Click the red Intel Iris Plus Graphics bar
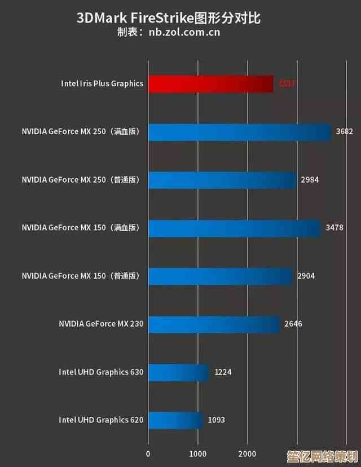pos(211,84)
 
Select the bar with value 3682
pos(240,132)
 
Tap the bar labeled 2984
pos(222,180)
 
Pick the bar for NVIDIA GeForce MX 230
pos(214,324)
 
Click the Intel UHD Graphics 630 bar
pos(179,372)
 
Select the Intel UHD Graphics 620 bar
pos(175,420)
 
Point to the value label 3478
pos(334,228)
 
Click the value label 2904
pos(306,276)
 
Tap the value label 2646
pos(293,324)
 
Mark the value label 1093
pos(217,420)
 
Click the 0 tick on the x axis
pos(148,453)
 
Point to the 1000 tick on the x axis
pos(197,453)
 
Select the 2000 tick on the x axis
pos(247,453)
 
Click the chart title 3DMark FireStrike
pos(169,18)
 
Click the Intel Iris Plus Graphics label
pos(102,84)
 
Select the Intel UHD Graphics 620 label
pos(101,420)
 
